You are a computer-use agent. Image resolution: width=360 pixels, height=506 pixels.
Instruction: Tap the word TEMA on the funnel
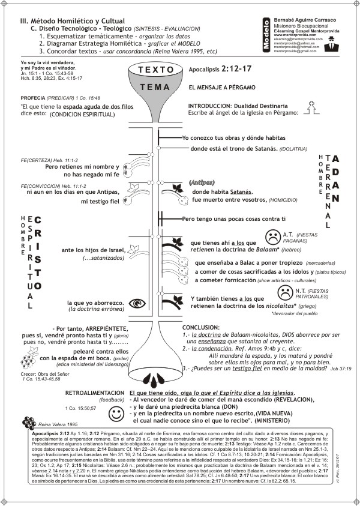(x=146, y=87)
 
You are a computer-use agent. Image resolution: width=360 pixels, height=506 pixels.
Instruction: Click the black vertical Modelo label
(x=266, y=34)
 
